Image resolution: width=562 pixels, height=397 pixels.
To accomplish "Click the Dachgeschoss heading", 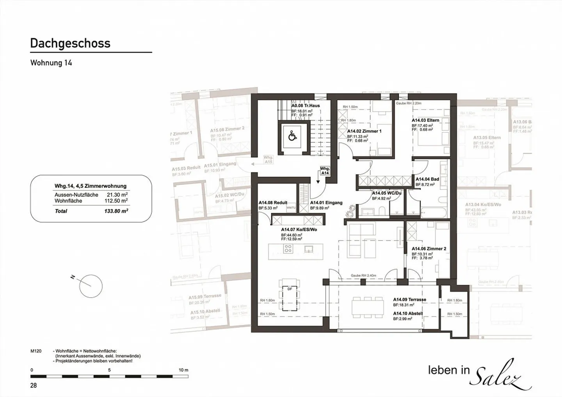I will [x=70, y=43].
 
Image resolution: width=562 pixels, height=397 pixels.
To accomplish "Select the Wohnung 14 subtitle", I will [x=51, y=63].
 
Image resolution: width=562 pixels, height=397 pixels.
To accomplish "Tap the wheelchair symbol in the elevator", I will [x=292, y=136].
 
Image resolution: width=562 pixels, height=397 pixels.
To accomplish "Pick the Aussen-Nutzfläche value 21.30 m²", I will [x=117, y=195].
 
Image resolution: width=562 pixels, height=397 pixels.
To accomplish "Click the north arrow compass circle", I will [x=91, y=286].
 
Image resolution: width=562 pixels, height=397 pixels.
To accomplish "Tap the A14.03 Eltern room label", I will [x=425, y=121].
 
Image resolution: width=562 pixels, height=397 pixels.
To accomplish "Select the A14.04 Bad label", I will [x=427, y=179].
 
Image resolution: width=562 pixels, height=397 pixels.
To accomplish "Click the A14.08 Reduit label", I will [x=273, y=203].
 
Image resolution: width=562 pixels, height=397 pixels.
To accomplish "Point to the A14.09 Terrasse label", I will [x=409, y=300].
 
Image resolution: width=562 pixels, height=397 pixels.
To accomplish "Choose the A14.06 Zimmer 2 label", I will [x=429, y=249].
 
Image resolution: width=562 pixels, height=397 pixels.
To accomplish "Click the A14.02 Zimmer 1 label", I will [x=364, y=131].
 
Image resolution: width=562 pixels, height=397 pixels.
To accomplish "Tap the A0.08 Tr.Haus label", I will [x=306, y=106].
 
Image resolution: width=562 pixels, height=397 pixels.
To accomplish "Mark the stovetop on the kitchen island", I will [x=288, y=249].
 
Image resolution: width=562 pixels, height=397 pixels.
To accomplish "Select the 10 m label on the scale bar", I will [x=183, y=370].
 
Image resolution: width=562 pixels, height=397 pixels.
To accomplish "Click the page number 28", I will [x=34, y=385].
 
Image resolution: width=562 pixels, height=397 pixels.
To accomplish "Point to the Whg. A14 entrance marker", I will [x=325, y=171].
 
